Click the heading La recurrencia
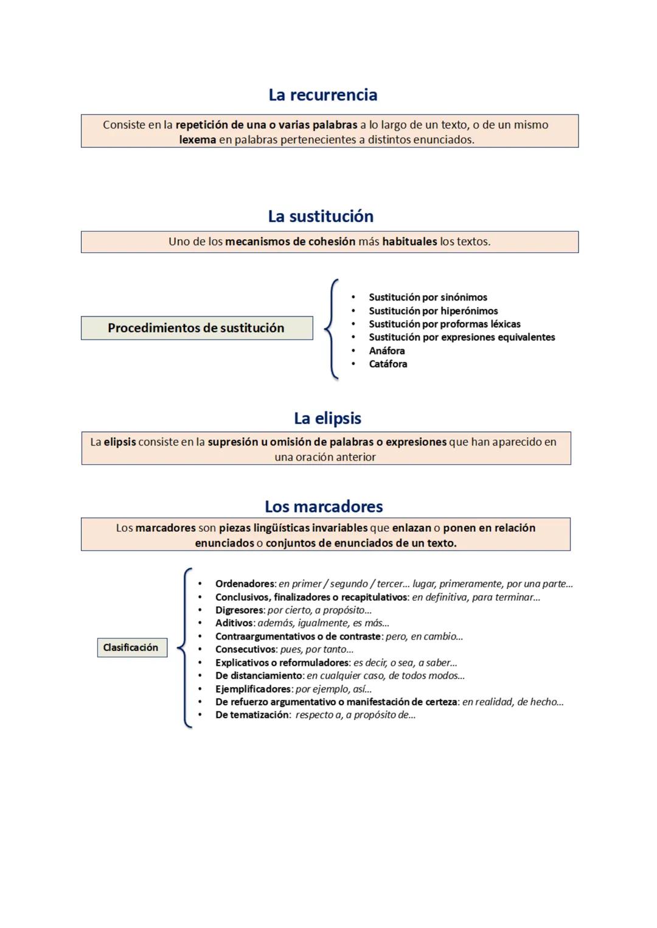coord(322,95)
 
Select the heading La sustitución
coord(321,216)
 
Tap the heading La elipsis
coord(327,418)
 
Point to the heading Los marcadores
coord(324,506)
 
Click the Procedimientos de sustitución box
coord(196,328)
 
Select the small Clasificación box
coord(131,647)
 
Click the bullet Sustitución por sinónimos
coord(428,298)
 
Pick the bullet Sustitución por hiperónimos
coord(433,311)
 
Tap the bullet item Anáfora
coord(386,351)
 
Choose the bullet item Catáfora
coord(388,364)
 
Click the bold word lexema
coord(197,140)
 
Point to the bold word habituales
coord(409,242)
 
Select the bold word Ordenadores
coord(245,584)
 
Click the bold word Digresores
coord(239,610)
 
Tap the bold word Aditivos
coord(234,623)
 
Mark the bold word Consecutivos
coord(245,649)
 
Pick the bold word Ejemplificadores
coord(253,689)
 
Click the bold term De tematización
coord(252,715)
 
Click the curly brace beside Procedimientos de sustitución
coord(332,329)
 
